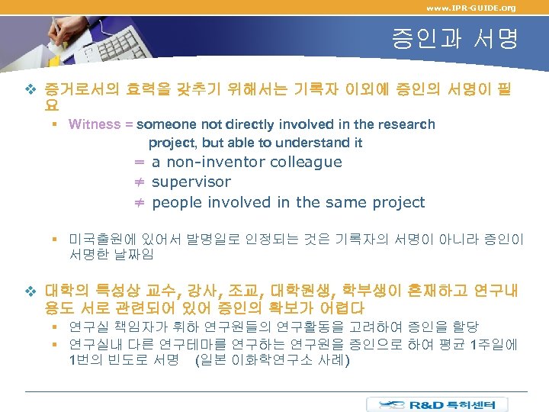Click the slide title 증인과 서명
pos(454,39)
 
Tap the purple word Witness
pos(95,124)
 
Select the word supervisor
pos(191,182)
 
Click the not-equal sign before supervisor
pos(140,182)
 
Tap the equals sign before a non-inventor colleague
pos(140,162)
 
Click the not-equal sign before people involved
pos(140,202)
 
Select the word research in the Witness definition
pos(406,124)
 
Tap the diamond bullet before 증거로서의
pos(30,91)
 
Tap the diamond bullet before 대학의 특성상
pos(30,291)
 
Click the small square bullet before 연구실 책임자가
pos(56,327)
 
